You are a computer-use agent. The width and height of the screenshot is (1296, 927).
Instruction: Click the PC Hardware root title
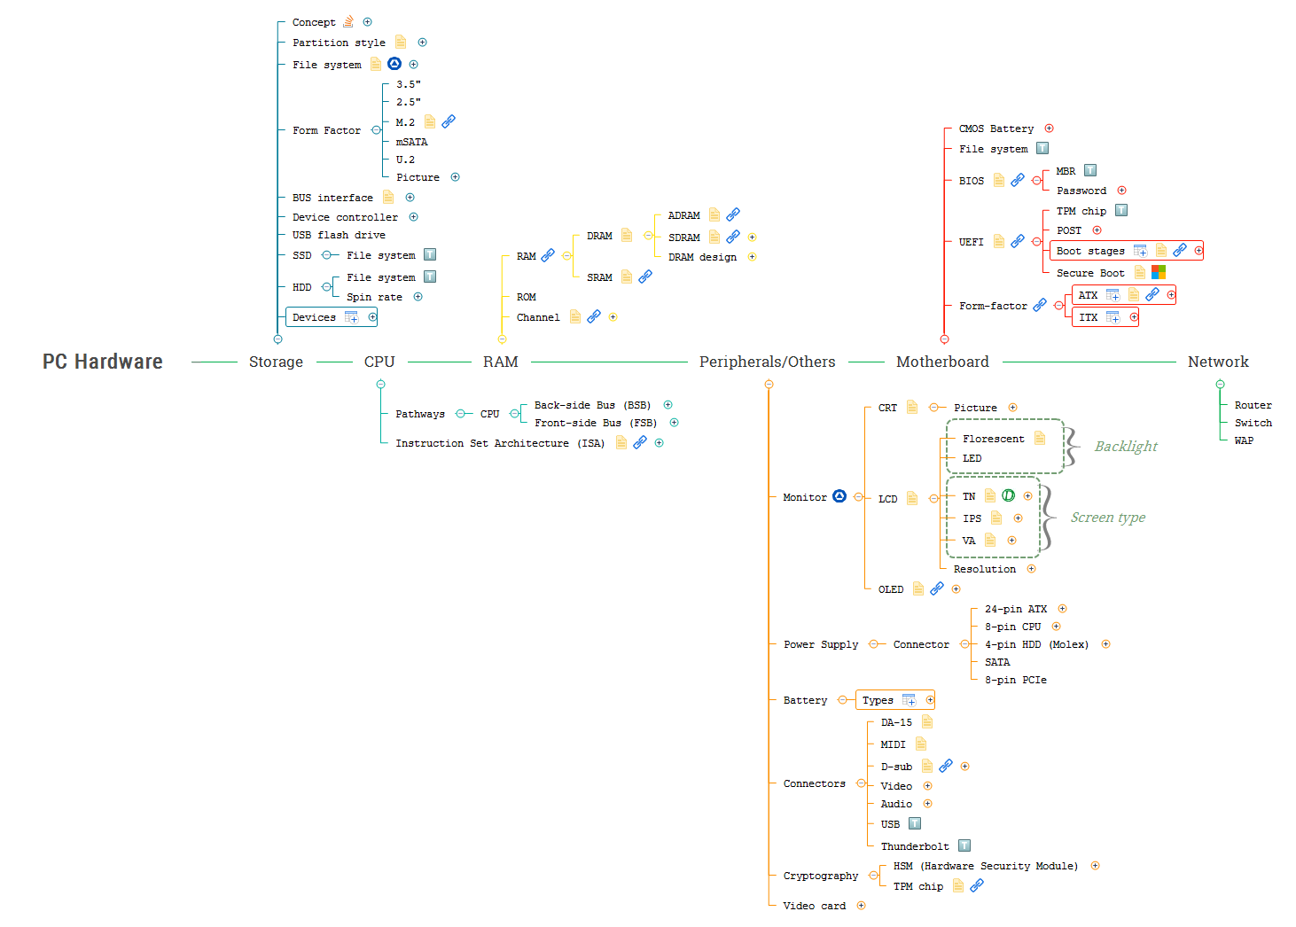(x=103, y=362)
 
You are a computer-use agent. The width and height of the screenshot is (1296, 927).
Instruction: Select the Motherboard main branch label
(x=942, y=362)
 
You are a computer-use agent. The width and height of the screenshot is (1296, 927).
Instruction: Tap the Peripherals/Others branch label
(x=767, y=362)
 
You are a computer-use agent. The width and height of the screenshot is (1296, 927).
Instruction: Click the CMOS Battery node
(x=995, y=129)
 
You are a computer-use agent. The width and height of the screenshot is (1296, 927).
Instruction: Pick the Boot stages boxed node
(x=1090, y=251)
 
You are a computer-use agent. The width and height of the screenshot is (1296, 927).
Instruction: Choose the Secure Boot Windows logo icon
(x=1159, y=272)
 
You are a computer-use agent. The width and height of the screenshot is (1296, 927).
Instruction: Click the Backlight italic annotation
(x=1126, y=447)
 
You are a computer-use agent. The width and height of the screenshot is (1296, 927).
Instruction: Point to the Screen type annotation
(x=1107, y=518)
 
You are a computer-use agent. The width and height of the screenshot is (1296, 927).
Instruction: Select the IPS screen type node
(x=972, y=518)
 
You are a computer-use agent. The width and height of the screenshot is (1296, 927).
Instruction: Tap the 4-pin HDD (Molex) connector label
(x=1036, y=644)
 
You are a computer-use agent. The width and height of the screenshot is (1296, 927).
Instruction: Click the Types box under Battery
(x=878, y=700)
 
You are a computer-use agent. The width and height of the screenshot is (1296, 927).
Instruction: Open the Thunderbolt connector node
(x=915, y=846)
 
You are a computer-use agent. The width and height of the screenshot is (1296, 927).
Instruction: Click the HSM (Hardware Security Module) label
(x=986, y=866)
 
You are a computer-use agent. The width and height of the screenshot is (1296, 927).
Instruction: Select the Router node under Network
(x=1253, y=405)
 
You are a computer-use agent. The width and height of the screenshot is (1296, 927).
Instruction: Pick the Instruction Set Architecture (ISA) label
(x=500, y=443)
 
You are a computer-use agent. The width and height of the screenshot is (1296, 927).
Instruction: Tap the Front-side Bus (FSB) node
(x=596, y=423)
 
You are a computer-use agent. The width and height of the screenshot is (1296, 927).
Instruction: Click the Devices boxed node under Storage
(x=315, y=317)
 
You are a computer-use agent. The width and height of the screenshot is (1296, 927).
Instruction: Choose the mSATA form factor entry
(x=411, y=142)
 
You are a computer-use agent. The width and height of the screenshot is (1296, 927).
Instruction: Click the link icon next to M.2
(x=449, y=121)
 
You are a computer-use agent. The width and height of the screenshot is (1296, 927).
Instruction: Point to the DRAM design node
(x=702, y=257)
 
